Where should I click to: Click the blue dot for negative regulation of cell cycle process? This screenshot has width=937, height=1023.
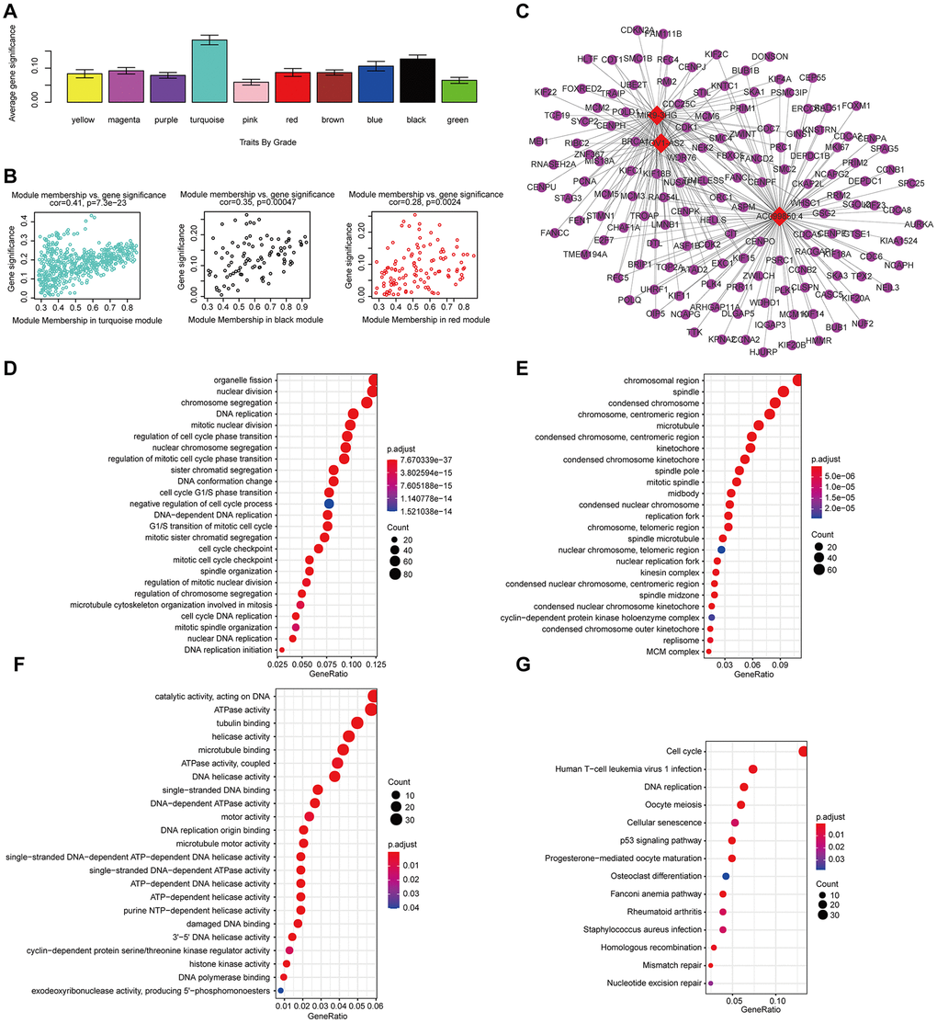(x=329, y=504)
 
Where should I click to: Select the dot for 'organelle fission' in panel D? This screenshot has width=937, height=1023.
(x=373, y=381)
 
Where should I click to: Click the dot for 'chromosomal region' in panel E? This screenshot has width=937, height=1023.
(x=796, y=381)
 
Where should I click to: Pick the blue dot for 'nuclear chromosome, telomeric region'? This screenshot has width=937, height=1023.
(x=722, y=549)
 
